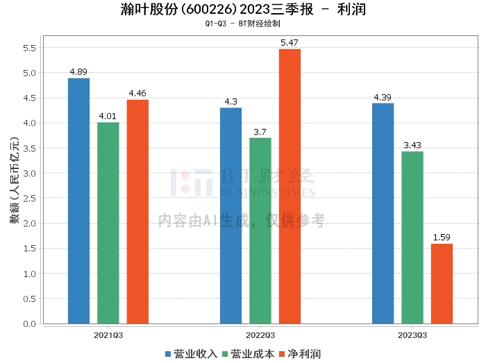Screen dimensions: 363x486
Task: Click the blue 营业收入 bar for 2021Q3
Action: pos(78,201)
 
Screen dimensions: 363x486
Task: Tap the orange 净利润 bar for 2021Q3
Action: pos(137,212)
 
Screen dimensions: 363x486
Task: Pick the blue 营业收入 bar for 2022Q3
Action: pos(231,215)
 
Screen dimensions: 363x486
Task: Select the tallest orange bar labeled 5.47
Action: pos(290,186)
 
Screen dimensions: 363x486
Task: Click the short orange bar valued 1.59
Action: pos(442,284)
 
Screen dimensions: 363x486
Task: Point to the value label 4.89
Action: pos(78,72)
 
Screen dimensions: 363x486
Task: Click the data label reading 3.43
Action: pos(412,145)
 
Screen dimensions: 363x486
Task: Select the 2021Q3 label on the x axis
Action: pos(108,335)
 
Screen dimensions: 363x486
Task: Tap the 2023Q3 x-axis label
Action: pos(412,335)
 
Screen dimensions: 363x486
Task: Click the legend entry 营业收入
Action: pos(191,353)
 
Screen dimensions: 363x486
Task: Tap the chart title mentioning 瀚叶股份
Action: pos(242,10)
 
